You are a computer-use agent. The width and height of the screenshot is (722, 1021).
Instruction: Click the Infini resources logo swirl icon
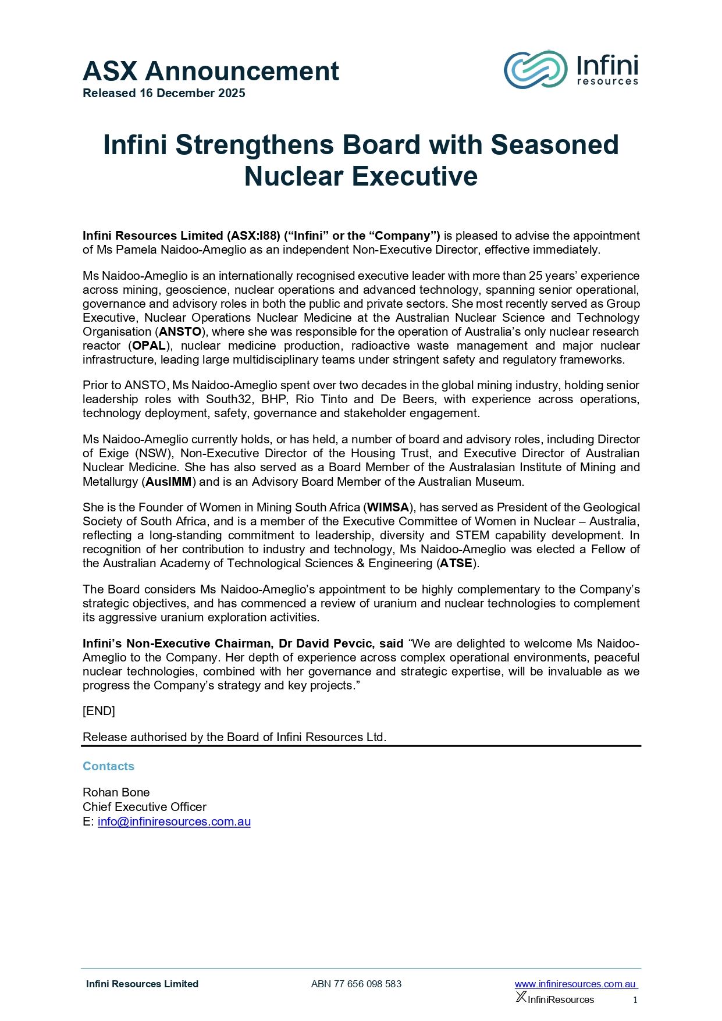[535, 70]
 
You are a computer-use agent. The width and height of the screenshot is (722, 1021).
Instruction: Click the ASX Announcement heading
[211, 72]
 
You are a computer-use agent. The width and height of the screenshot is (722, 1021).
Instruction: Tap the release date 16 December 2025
[192, 93]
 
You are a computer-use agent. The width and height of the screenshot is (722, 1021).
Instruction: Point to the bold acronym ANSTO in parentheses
[180, 332]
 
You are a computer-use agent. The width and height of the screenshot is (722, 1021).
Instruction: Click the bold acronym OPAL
[149, 346]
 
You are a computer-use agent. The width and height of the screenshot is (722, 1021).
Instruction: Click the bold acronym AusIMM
[169, 482]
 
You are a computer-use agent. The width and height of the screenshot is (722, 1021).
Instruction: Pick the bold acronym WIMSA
[388, 507]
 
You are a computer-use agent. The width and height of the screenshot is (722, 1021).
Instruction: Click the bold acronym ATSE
[456, 563]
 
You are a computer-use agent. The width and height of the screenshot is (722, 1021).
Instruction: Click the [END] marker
[99, 711]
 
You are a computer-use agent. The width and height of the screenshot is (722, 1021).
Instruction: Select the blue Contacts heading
[108, 766]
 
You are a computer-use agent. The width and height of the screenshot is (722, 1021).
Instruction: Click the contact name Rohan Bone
[116, 792]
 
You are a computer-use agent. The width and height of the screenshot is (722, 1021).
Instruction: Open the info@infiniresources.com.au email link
[174, 821]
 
